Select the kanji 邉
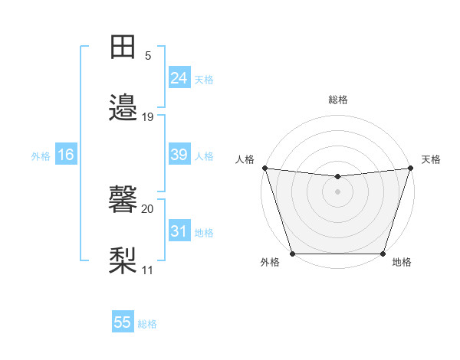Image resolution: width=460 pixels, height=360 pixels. point(123,107)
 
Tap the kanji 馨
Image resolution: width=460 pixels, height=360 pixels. point(123,199)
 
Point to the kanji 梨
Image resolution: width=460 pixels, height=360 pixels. point(123,260)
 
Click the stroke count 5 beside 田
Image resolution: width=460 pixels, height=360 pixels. point(147,56)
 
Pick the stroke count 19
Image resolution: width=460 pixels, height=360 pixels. point(147,116)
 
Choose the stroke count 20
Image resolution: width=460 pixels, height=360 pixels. point(147,208)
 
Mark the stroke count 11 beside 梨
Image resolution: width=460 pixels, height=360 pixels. point(147,270)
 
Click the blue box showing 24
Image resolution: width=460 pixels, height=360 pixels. point(179,78)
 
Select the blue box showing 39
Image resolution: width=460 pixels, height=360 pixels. point(179,155)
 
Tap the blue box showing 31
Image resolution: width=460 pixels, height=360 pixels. point(179,231)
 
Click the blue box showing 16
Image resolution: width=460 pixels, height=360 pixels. point(66,155)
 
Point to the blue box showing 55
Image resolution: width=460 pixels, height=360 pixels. point(123,322)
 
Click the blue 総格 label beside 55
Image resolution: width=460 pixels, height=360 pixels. point(148,324)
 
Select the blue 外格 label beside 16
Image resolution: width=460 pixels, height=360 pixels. point(41,156)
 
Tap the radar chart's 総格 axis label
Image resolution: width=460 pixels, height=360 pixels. point(338,100)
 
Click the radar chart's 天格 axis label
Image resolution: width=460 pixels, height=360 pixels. point(431,159)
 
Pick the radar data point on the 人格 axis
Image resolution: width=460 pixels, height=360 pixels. point(264,168)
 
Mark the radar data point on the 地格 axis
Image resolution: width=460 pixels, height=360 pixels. point(383,254)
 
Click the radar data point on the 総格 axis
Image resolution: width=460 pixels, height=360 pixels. point(338,178)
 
